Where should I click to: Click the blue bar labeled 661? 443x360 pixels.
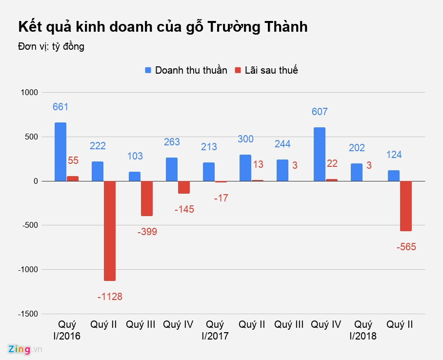[60, 152]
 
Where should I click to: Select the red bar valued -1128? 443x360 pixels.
[110, 231]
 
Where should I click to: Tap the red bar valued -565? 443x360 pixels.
[406, 206]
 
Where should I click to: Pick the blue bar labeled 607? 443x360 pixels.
[320, 154]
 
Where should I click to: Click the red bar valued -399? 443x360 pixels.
[147, 199]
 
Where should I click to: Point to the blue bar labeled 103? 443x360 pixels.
[135, 176]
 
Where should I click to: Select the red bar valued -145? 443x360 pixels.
[184, 187]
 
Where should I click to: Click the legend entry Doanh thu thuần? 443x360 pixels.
[186, 70]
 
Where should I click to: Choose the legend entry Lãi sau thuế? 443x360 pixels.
[266, 70]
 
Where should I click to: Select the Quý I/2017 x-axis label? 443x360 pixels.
[215, 330]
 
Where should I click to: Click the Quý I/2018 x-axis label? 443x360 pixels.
[363, 330]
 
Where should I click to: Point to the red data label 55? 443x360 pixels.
[73, 160]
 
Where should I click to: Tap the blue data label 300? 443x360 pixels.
[245, 139]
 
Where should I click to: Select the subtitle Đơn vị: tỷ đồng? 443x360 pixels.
[51, 46]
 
